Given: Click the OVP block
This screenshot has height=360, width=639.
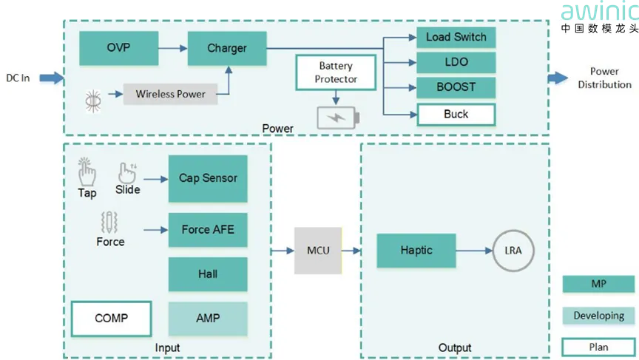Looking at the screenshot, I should pos(118,48).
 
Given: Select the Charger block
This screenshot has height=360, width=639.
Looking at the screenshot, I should pos(227,49).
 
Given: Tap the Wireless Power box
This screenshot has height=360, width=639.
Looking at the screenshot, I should pos(170,95).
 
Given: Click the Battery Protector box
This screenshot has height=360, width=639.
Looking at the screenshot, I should pos(336,72).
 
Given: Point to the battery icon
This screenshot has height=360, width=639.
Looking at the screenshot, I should pos(338,118).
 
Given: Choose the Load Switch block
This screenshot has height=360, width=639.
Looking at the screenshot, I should pos(456,37).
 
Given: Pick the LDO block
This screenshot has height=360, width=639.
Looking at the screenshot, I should pos(456,62).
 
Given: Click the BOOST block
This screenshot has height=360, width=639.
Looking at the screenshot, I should pos(456,87).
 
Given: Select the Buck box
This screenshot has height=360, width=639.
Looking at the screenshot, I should pos(456,114).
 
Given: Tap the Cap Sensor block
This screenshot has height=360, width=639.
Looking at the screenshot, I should pos(208,178).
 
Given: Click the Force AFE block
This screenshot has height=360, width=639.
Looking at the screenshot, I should pos(208,230).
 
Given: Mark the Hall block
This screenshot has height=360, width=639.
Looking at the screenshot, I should pos(208,274).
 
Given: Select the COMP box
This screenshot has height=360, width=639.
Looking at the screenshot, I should pos(111,319).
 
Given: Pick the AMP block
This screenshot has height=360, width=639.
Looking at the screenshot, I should pos(208,319).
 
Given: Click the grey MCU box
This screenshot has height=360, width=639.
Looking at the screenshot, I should pos(318,251).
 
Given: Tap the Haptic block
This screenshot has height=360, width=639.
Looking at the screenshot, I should pos(416,251).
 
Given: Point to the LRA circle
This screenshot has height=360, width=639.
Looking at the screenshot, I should pos(513,251).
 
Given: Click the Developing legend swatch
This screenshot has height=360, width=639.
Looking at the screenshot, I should pos(598,316).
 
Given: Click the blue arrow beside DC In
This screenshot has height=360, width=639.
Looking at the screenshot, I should pos(51,78).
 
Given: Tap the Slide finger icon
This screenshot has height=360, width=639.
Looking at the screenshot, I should pos(126,173).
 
